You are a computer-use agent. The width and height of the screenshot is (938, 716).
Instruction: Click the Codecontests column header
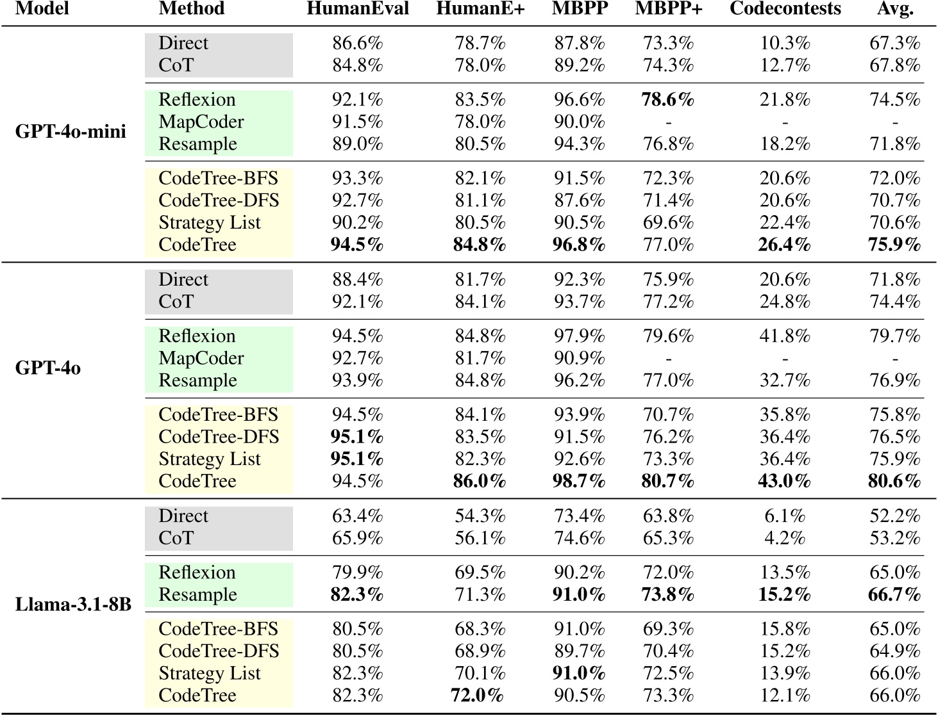pyautogui.click(x=785, y=9)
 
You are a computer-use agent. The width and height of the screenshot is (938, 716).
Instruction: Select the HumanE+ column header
pyautogui.click(x=480, y=9)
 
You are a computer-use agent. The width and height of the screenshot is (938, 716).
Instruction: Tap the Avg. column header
pyautogui.click(x=895, y=9)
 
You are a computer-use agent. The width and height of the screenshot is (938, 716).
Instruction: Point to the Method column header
pyautogui.click(x=191, y=9)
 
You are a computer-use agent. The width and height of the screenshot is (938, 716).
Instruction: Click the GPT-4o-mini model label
pyautogui.click(x=71, y=132)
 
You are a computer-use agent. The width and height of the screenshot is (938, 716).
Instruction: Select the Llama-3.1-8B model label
pyautogui.click(x=73, y=605)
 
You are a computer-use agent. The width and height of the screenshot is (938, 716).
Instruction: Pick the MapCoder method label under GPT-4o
pyautogui.click(x=201, y=358)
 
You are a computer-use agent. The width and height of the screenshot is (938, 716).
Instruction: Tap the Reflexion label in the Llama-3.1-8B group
pyautogui.click(x=197, y=573)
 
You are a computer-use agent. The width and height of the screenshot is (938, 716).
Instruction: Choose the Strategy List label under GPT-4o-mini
pyautogui.click(x=210, y=223)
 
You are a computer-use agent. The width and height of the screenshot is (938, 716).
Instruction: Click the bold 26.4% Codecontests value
pyautogui.click(x=784, y=245)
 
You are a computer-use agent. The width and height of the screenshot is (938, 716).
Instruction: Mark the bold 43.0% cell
pyautogui.click(x=784, y=481)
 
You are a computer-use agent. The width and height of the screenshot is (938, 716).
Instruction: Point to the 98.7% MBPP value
pyautogui.click(x=579, y=481)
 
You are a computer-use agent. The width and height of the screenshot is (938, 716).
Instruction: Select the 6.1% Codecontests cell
pyautogui.click(x=784, y=516)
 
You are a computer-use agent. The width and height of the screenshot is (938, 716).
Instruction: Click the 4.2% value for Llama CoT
pyautogui.click(x=784, y=538)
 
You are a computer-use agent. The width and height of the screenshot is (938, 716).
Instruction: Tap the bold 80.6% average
pyautogui.click(x=894, y=481)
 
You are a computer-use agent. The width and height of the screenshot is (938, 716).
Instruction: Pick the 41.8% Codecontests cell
pyautogui.click(x=784, y=336)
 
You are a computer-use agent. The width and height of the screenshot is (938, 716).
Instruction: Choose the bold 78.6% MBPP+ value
pyautogui.click(x=667, y=100)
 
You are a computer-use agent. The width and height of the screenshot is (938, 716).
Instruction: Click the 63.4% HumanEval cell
pyautogui.click(x=357, y=516)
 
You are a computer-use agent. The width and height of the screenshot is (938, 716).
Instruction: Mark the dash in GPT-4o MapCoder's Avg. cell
pyautogui.click(x=895, y=359)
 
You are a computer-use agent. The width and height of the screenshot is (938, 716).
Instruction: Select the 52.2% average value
pyautogui.click(x=894, y=516)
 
